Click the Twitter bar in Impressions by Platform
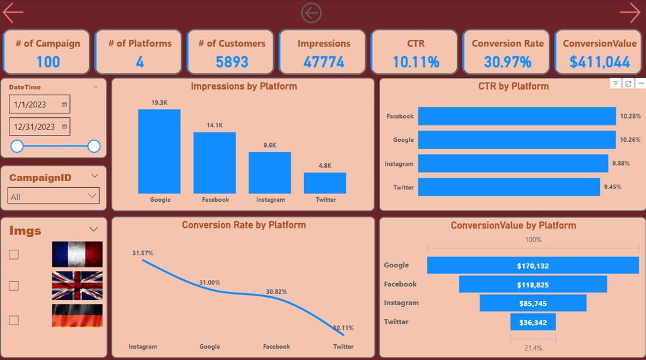pyautogui.click(x=325, y=183)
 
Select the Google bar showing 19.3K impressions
pyautogui.click(x=159, y=151)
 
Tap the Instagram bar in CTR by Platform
pyautogui.click(x=513, y=163)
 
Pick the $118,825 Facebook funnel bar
pyautogui.click(x=532, y=284)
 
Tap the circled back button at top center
pyautogui.click(x=311, y=12)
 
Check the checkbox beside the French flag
pyautogui.click(x=14, y=255)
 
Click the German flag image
pyautogui.click(x=77, y=316)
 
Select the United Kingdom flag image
pyautogui.click(x=77, y=284)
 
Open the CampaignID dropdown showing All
pyautogui.click(x=54, y=196)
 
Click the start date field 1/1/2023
pyautogui.click(x=39, y=104)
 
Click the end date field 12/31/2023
pyautogui.click(x=39, y=127)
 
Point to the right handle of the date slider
pyautogui.click(x=94, y=146)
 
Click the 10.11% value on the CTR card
pyautogui.click(x=416, y=62)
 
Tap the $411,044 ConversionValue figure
pyautogui.click(x=599, y=62)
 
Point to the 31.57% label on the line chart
pyautogui.click(x=143, y=253)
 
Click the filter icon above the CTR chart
pyautogui.click(x=615, y=83)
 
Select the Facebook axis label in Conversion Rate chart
pyautogui.click(x=276, y=347)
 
